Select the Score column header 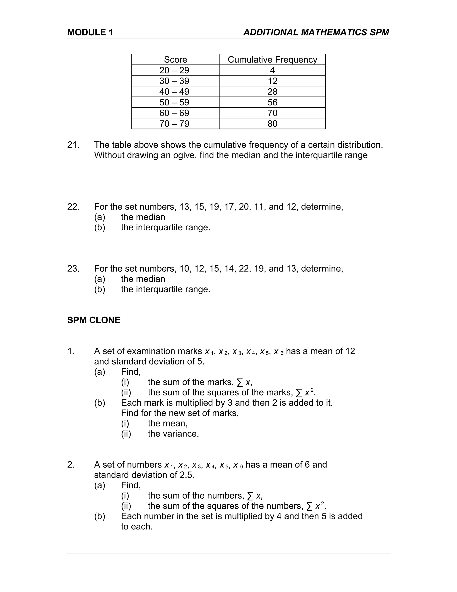pos(175,59)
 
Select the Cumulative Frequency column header pos(272,59)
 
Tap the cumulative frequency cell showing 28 pos(272,92)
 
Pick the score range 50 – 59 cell pos(174,102)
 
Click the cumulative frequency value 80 pos(272,124)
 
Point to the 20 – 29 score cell pos(174,70)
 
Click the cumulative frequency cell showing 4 pos(272,70)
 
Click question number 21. pos(73,145)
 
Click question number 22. pos(73,207)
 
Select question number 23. pos(73,269)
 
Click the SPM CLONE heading pos(94,320)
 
